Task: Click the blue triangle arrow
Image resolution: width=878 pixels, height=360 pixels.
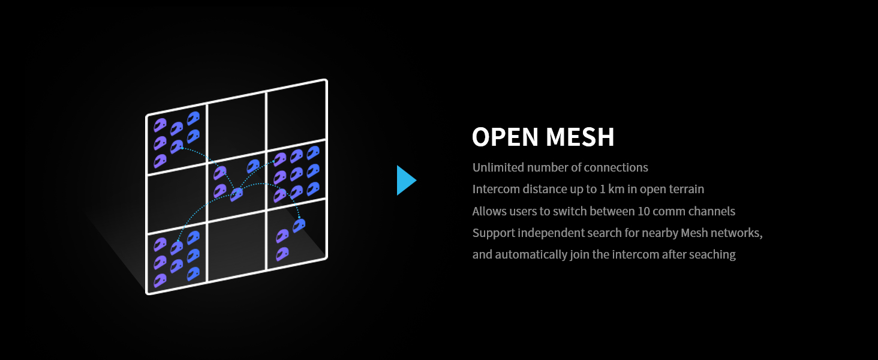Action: [405, 180]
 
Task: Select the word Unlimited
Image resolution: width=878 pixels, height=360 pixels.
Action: [497, 167]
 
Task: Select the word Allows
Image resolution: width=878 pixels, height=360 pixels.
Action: [489, 211]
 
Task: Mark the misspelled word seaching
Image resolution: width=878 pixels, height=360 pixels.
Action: [712, 254]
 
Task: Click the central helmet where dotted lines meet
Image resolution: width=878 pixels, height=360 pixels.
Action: [237, 194]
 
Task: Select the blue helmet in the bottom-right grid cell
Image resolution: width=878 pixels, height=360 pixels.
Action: [299, 226]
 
